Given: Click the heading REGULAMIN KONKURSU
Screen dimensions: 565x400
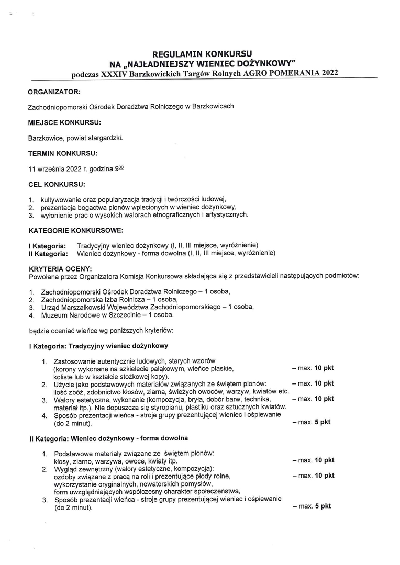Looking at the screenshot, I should point(202,54).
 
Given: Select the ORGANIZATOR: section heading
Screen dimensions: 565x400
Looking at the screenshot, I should point(54,92).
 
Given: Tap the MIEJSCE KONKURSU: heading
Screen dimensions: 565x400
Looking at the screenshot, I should point(64,123).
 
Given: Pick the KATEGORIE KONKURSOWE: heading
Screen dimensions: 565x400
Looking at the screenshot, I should point(76,230).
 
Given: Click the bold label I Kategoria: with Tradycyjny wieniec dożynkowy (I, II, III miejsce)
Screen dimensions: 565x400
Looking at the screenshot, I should point(47,245).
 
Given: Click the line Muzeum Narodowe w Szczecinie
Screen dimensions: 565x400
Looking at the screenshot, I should point(105,315).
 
